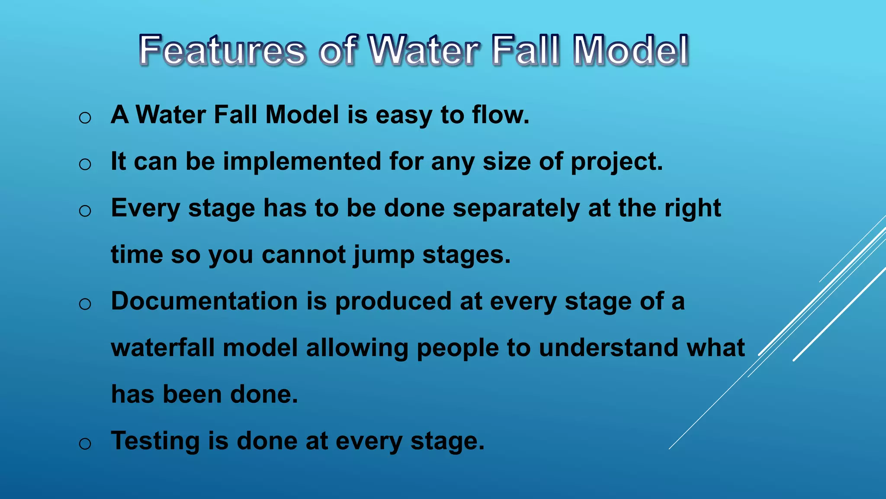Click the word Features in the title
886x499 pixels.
point(222,51)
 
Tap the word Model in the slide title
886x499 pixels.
point(630,51)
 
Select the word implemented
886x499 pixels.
point(302,162)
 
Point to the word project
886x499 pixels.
point(616,162)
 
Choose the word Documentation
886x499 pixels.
point(204,301)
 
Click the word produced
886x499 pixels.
point(393,302)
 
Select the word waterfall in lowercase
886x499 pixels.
point(162,348)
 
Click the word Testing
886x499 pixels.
point(155,441)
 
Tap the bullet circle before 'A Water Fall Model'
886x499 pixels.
point(85,118)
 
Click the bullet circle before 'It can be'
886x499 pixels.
point(85,164)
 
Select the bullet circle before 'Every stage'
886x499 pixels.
point(85,211)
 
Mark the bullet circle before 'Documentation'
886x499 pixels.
point(85,304)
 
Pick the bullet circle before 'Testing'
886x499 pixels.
point(85,444)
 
